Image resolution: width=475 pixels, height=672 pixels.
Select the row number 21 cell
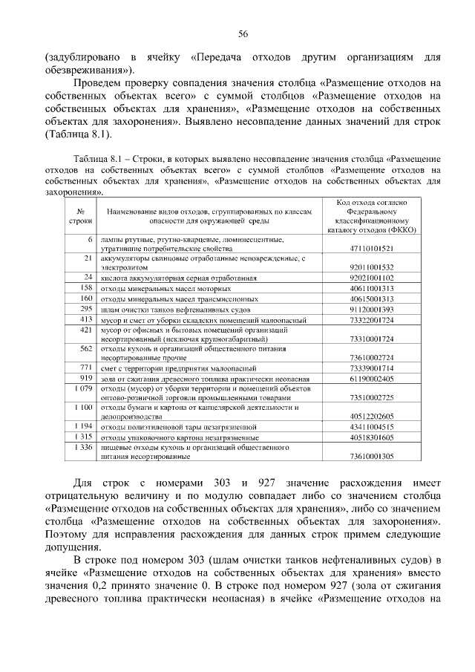click(x=87, y=258)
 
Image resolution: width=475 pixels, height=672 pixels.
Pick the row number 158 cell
click(x=85, y=287)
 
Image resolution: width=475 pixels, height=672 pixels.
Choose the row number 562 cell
click(x=85, y=348)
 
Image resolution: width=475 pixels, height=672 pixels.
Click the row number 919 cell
click(x=85, y=378)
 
